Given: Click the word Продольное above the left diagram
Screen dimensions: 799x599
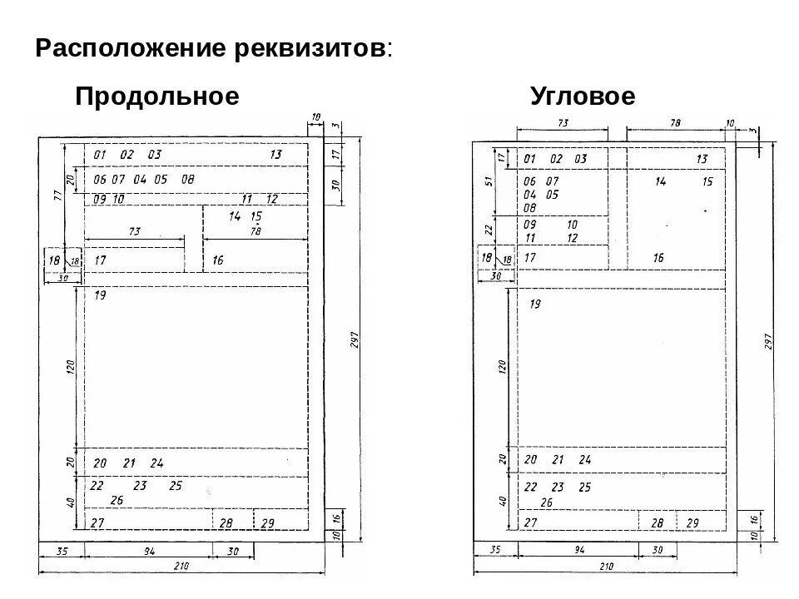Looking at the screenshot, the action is tap(157, 97).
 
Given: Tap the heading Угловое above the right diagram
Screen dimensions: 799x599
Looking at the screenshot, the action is tap(583, 97).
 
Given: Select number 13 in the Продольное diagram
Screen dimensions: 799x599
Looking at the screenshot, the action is tap(276, 155).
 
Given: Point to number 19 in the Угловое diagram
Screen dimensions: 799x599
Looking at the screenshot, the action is tap(533, 304).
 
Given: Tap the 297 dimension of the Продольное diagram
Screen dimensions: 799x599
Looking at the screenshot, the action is tap(353, 339).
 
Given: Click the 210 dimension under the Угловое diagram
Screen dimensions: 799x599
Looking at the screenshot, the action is tap(607, 566).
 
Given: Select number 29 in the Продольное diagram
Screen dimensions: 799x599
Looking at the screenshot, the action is tap(267, 523).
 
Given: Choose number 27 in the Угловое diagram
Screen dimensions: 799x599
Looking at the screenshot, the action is tap(529, 522).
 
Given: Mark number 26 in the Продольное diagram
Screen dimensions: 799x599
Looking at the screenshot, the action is tap(116, 500).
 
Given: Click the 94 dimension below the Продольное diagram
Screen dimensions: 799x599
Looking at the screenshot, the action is tap(126, 551).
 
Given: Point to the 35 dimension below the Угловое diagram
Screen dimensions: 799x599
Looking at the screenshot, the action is tap(494, 550).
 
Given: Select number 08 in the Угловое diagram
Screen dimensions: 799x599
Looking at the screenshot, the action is tap(529, 208).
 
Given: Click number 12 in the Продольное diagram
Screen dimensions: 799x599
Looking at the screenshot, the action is tap(271, 200).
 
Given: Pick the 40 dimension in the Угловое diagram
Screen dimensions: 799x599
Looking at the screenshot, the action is tap(503, 501).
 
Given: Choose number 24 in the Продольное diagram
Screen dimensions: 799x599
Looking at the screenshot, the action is tap(156, 463).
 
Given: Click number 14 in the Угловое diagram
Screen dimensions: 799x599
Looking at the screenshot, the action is tap(660, 181).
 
